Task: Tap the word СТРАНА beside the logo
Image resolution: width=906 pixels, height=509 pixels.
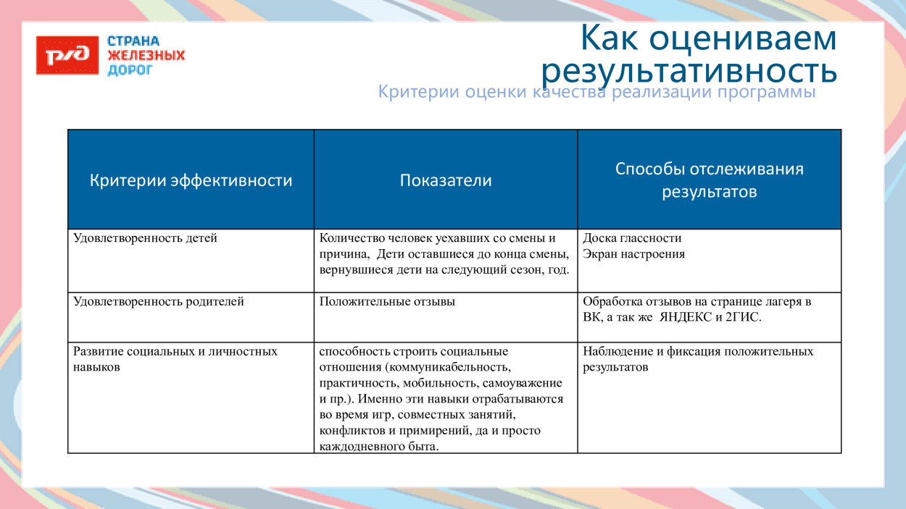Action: (133, 41)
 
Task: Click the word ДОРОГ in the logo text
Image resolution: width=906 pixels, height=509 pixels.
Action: (130, 70)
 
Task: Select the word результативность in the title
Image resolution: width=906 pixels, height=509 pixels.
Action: (689, 70)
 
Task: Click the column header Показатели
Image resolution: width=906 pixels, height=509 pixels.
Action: (445, 180)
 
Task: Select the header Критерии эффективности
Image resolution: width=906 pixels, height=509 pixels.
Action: (191, 180)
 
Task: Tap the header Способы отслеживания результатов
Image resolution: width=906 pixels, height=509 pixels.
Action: (709, 180)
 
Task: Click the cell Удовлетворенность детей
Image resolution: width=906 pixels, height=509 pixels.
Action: (145, 238)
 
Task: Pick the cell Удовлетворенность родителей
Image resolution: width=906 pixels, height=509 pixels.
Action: (158, 302)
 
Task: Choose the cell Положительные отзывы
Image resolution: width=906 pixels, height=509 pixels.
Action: (387, 302)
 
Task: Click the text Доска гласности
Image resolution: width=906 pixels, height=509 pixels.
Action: (632, 238)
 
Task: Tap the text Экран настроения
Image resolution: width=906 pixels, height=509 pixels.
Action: (633, 254)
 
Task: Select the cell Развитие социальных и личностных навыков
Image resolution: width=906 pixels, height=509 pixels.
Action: (175, 359)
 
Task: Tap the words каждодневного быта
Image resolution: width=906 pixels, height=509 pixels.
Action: (378, 447)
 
